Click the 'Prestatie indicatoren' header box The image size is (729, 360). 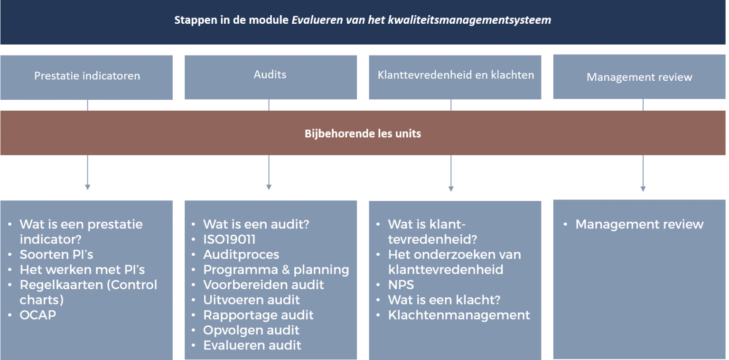86,77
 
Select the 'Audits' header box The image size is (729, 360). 271,77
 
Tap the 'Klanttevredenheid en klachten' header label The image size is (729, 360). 456,75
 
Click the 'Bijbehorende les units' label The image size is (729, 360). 363,133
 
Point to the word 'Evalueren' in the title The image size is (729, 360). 318,20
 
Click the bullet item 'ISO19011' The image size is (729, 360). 229,239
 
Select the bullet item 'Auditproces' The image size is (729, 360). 241,255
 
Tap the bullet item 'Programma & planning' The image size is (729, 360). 276,270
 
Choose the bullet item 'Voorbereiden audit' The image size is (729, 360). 263,285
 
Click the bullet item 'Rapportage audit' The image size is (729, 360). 258,315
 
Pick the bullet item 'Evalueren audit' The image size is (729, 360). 252,345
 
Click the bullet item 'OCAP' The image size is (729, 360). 38,315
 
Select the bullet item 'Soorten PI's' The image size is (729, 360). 56,255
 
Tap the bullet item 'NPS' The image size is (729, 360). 401,285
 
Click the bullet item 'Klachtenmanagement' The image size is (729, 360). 459,315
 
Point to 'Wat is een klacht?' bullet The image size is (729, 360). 444,300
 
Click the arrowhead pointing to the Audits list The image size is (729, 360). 269,187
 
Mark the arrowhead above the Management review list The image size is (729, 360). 643,189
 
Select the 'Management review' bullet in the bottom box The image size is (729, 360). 639,225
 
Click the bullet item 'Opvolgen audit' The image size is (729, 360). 251,331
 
